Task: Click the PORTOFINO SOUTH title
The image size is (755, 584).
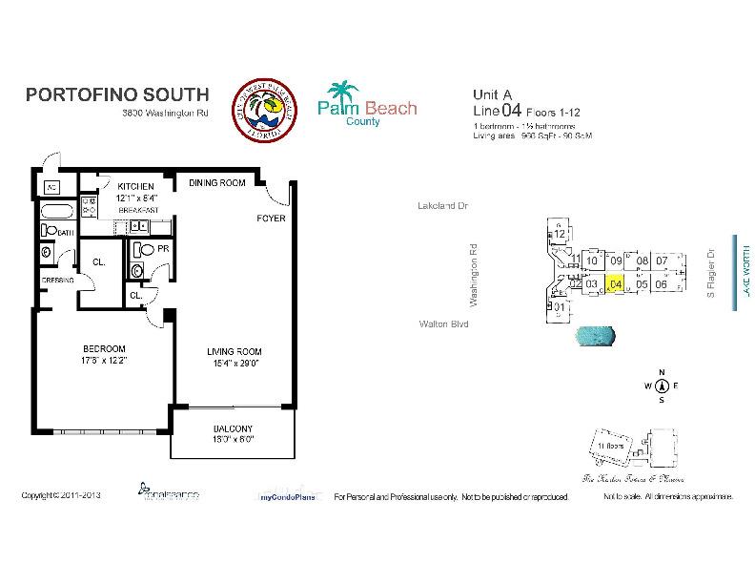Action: [115, 94]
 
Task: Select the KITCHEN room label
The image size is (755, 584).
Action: [136, 186]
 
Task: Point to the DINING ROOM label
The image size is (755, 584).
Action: [216, 182]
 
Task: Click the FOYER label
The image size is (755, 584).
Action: [271, 219]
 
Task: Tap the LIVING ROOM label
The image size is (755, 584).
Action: [234, 352]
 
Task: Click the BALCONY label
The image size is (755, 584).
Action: [233, 428]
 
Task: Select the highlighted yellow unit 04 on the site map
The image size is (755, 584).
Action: [616, 283]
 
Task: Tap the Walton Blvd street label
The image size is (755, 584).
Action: [443, 324]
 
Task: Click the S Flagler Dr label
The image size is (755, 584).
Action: [710, 276]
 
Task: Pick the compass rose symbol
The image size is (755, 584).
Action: [661, 386]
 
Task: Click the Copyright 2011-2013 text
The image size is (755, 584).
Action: [61, 496]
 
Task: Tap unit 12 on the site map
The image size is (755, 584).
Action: [561, 234]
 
